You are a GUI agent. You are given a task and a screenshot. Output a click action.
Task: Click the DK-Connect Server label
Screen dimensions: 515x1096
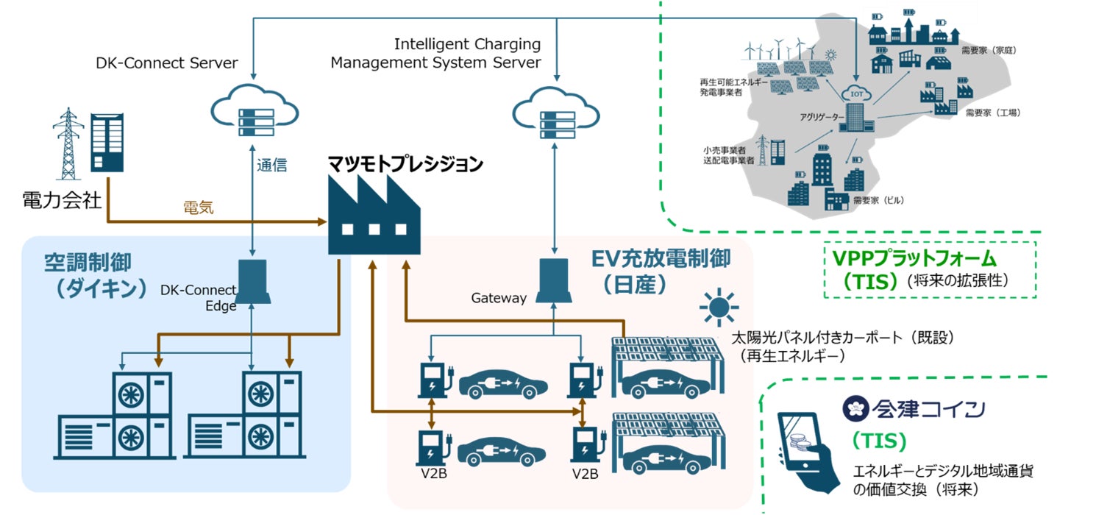[167, 63]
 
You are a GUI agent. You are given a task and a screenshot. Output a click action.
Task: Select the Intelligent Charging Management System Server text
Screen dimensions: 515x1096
[435, 54]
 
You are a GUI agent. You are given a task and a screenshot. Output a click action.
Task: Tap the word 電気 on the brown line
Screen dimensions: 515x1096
[199, 207]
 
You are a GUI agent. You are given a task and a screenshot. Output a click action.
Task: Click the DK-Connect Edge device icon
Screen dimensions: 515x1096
[252, 280]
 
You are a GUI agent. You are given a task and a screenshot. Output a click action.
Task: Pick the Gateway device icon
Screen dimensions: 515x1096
[554, 280]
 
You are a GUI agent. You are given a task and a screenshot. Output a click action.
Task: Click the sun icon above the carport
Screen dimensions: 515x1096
[718, 308]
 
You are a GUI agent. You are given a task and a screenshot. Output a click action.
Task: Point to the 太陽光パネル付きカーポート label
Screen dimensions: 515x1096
[841, 338]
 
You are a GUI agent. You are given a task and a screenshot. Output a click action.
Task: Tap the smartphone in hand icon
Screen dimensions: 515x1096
[808, 451]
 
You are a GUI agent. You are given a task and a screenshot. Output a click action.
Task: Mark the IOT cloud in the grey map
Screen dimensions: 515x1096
[857, 94]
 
